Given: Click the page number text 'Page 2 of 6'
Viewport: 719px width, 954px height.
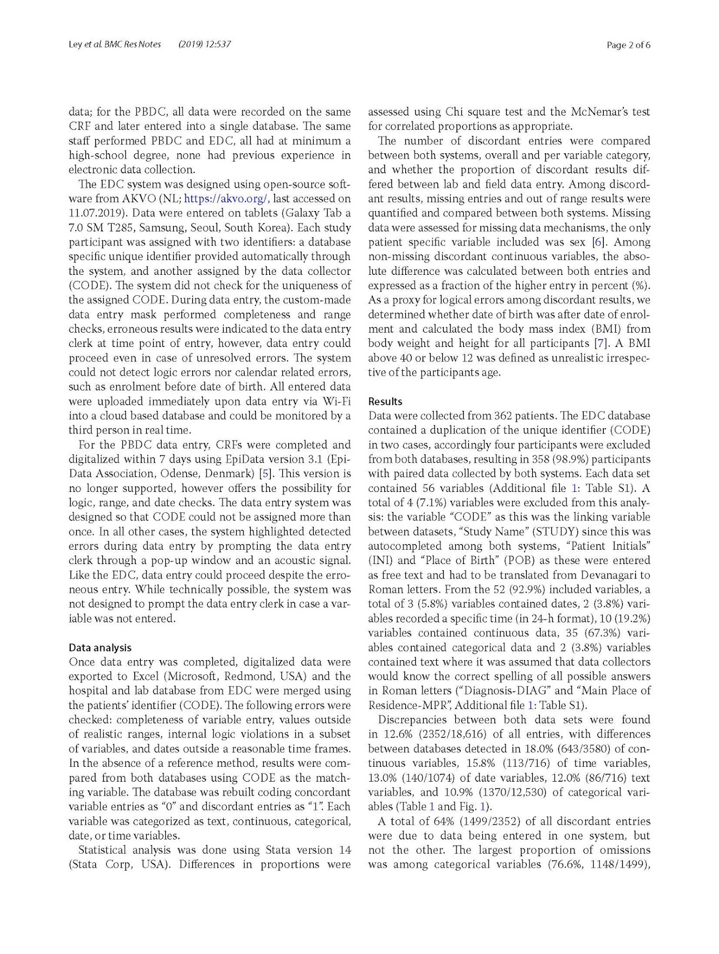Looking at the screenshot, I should (628, 45).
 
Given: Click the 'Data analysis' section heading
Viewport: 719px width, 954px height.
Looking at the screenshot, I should (100, 648).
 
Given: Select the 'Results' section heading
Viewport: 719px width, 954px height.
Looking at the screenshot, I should (385, 401).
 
